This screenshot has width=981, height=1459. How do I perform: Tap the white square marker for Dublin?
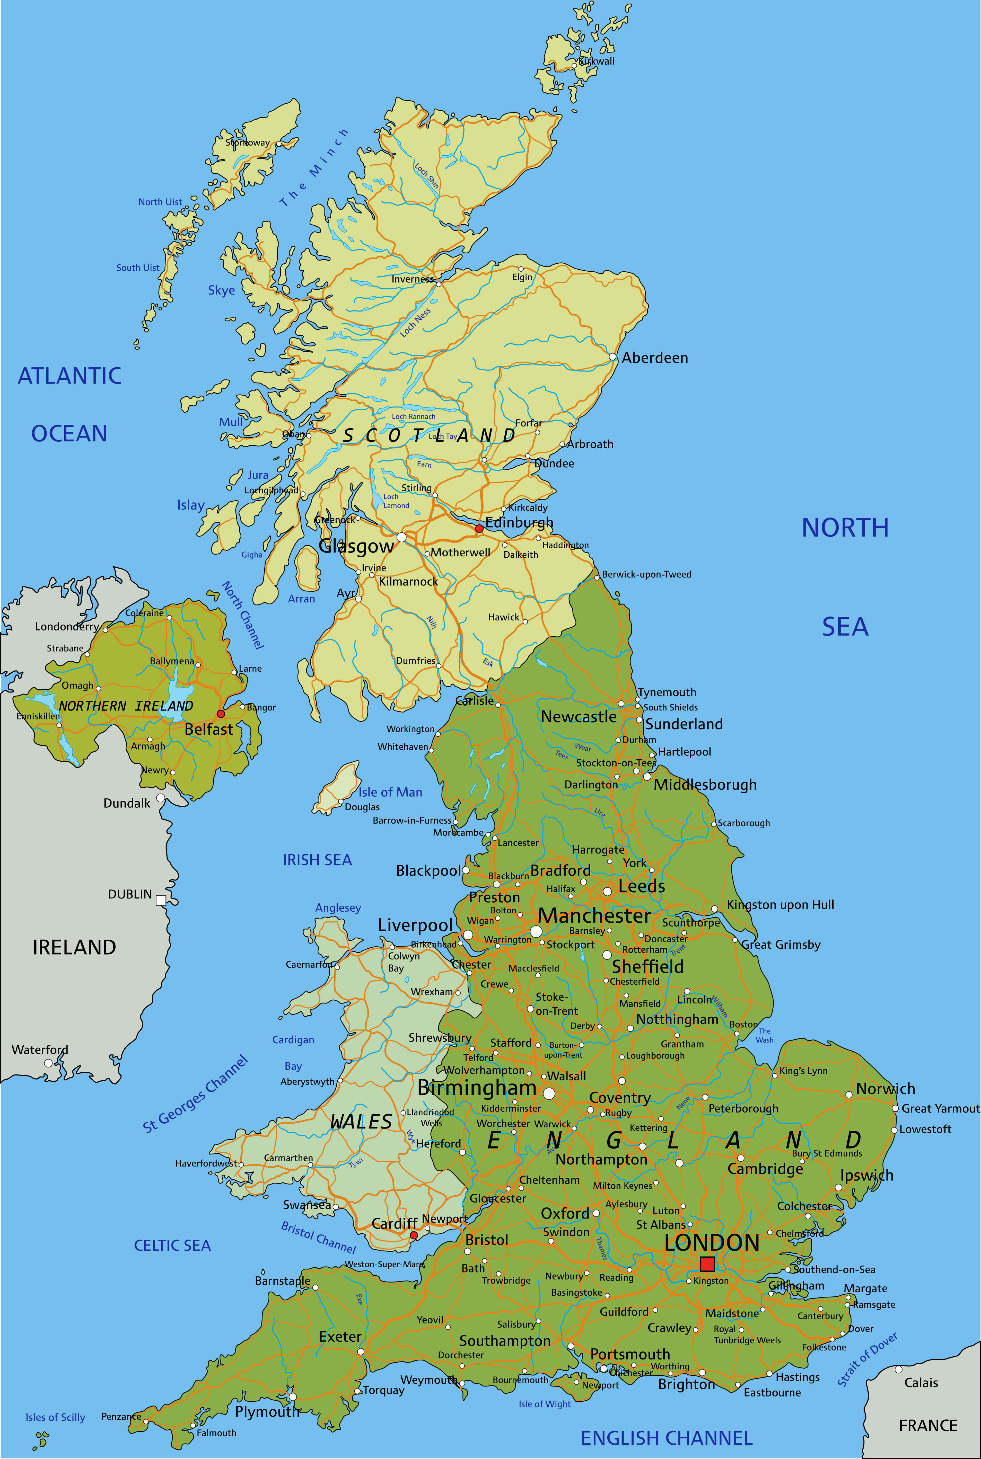[161, 900]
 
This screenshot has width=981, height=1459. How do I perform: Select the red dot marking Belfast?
[220, 714]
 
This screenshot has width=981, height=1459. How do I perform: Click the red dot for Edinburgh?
[479, 528]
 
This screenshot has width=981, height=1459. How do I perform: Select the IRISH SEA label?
[317, 860]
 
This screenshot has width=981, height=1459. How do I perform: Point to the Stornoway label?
[248, 143]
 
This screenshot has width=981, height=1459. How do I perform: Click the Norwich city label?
[885, 1089]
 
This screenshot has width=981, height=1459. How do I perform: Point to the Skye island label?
[222, 290]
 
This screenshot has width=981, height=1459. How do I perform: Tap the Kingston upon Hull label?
[780, 905]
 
